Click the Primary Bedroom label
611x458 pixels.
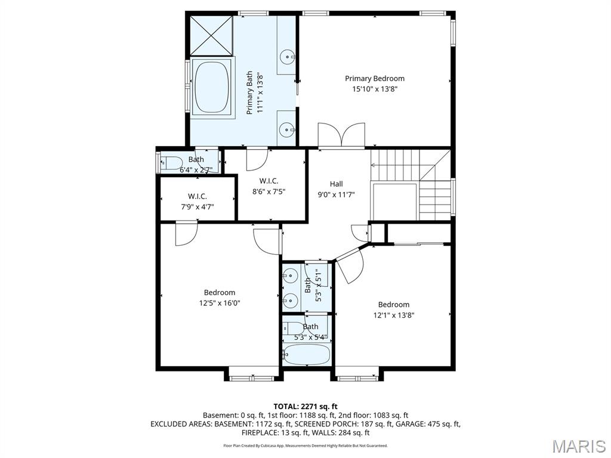click(375, 78)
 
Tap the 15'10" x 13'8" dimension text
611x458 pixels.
click(375, 89)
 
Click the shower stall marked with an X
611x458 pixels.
click(211, 35)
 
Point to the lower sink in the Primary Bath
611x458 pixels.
click(288, 128)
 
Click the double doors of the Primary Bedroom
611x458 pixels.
click(341, 135)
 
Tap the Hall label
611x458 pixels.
click(337, 184)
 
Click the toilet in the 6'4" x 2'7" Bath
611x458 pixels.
click(172, 162)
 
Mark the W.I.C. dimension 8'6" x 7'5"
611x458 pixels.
click(269, 191)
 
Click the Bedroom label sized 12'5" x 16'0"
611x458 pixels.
click(220, 292)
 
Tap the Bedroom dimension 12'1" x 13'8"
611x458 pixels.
click(394, 315)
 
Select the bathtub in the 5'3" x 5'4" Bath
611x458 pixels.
click(307, 355)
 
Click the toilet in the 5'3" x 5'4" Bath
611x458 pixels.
click(294, 327)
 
